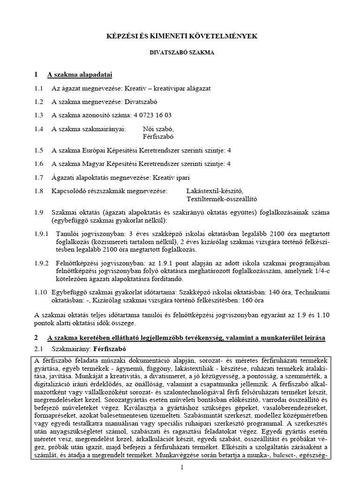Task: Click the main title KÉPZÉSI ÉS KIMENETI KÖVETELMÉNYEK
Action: point(180,36)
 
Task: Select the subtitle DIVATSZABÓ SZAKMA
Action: point(180,53)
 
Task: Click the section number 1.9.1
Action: point(41,233)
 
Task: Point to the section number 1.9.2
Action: point(41,263)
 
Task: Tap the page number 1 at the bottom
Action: point(180,468)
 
